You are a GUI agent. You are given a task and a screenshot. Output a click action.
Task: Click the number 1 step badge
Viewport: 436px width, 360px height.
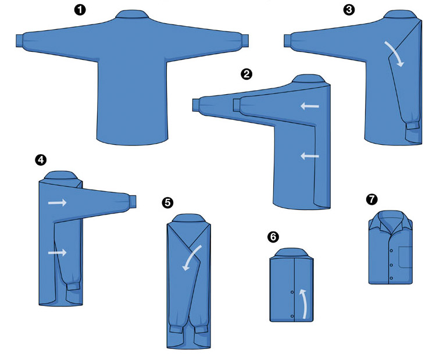80,10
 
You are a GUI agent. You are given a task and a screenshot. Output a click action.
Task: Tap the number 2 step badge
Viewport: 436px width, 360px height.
246,74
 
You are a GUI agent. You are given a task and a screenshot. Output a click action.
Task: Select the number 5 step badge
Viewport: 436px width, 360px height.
167,203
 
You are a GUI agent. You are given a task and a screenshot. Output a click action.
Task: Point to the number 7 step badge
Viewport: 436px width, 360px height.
372,199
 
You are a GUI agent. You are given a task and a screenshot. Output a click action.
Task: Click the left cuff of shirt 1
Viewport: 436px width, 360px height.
19,41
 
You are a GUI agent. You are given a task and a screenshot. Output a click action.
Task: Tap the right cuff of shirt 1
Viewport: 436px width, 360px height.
245,41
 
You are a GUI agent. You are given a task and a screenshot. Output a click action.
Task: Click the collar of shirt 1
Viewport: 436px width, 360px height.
131,14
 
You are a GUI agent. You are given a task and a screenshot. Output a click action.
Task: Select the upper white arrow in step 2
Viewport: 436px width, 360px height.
310,106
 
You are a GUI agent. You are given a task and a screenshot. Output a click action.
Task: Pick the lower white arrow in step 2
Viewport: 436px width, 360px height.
310,156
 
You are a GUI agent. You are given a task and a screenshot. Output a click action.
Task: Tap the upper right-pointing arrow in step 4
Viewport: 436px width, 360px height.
58,202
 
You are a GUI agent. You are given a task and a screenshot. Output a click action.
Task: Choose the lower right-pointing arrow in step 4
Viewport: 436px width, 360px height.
58,252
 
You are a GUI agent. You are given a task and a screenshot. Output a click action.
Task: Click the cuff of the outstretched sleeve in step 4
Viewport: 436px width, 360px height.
133,201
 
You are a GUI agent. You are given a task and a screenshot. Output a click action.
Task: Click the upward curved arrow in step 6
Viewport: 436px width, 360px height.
304,303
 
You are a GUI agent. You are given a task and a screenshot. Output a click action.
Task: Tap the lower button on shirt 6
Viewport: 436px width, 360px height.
292,316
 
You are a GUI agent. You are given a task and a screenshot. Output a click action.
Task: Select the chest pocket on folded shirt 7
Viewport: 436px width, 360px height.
405,257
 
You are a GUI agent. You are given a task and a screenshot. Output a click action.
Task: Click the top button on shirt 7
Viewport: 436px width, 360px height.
391,251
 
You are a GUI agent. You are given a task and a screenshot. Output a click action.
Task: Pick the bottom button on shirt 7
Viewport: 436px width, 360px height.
391,278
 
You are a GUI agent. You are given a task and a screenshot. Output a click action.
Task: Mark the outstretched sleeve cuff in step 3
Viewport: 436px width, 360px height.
288,41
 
